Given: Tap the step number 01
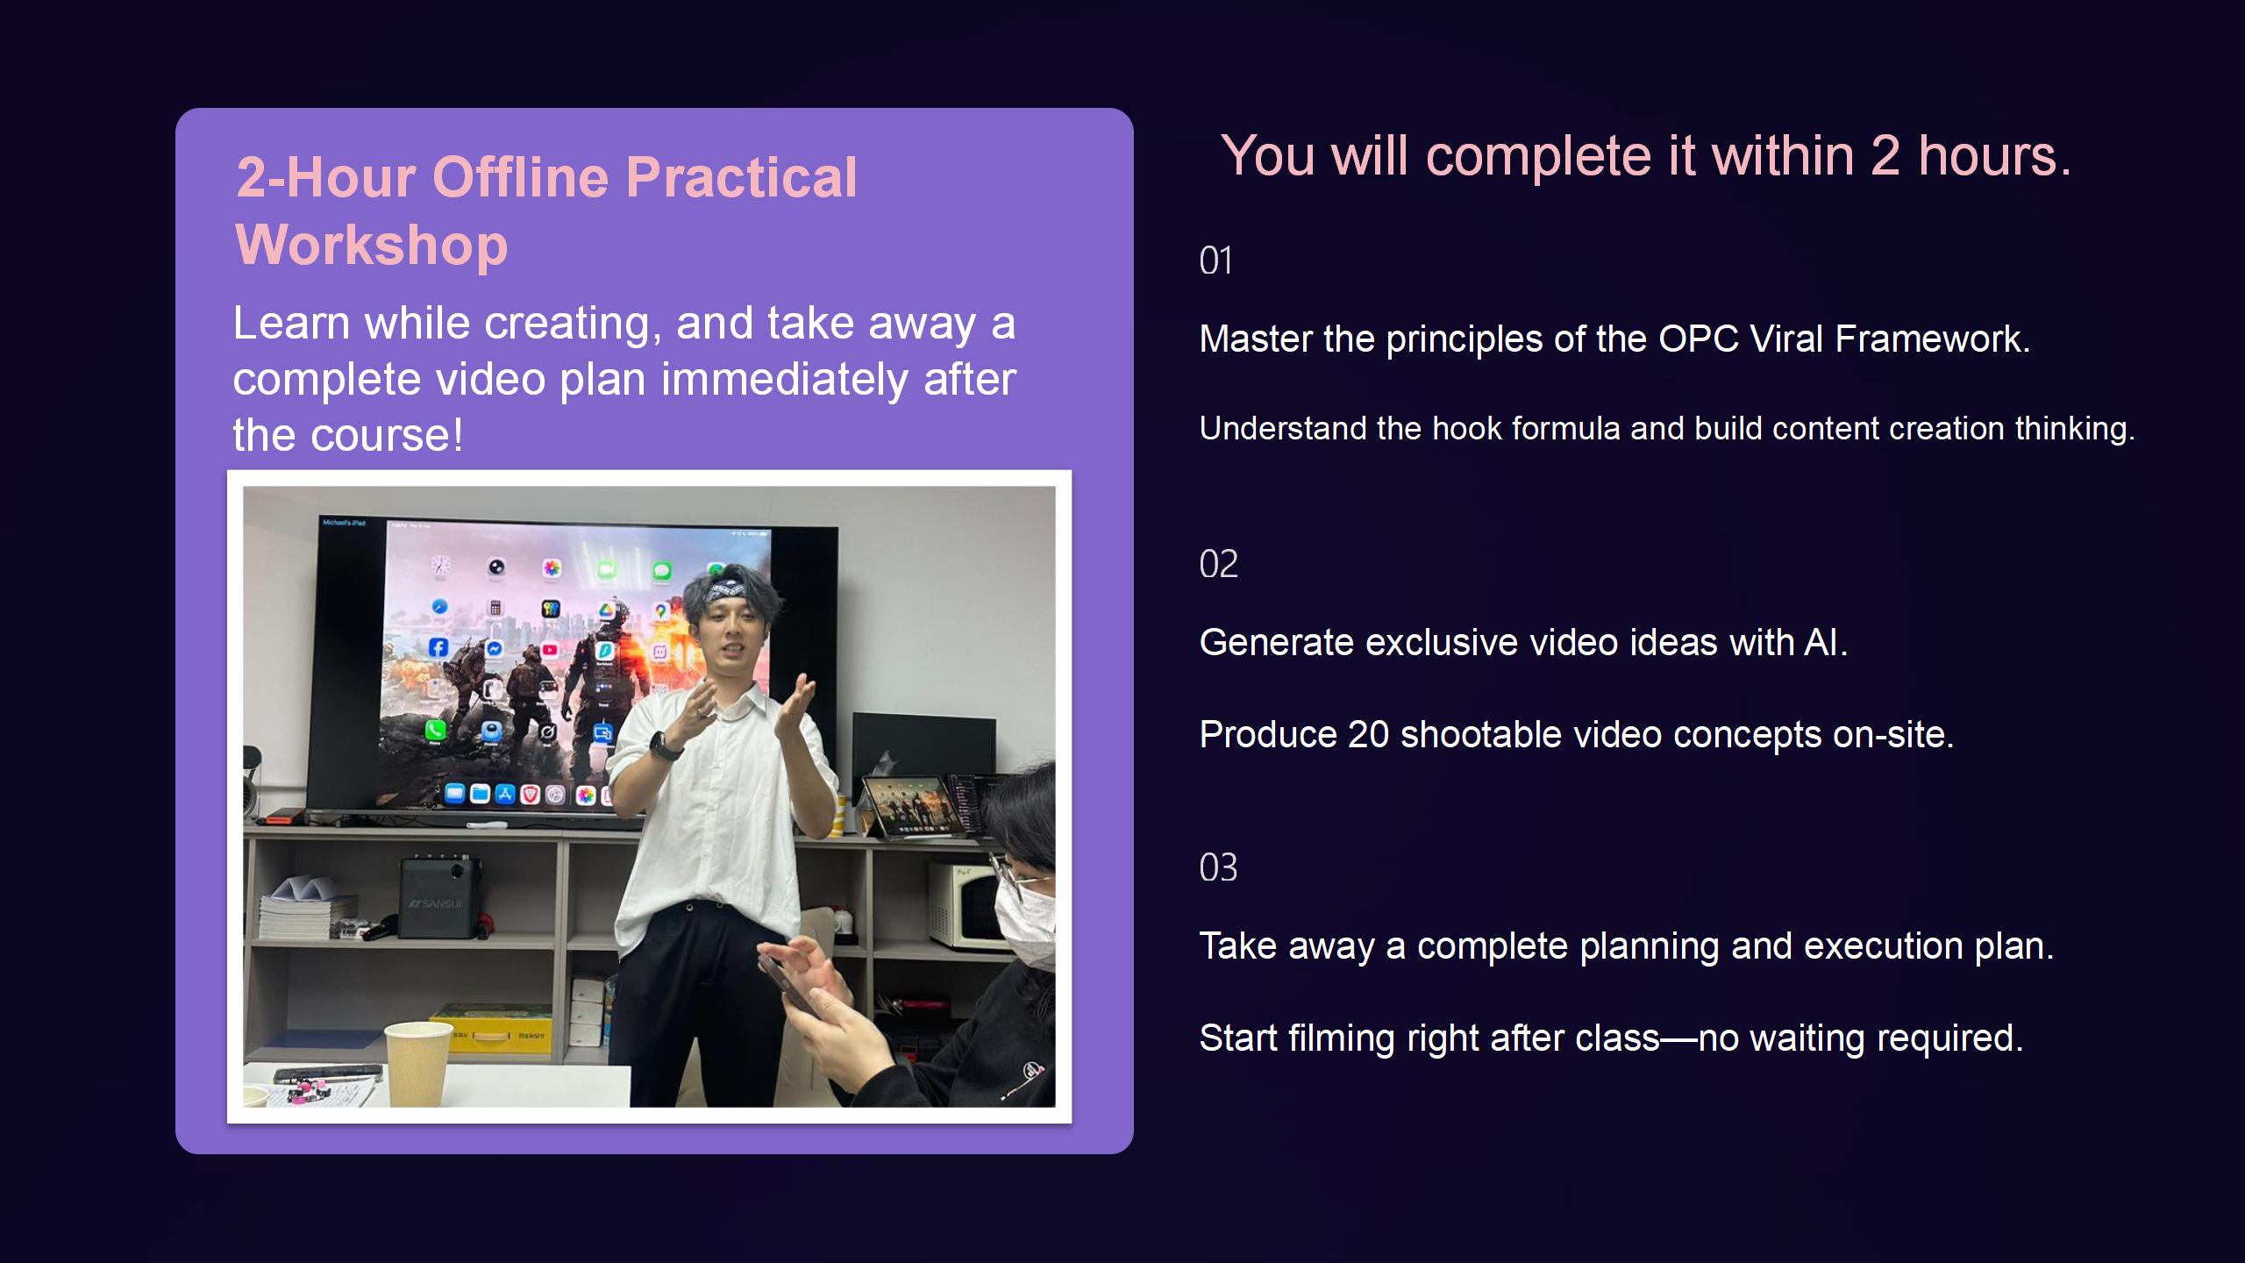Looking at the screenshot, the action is [x=1215, y=260].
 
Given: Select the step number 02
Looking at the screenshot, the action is [x=1218, y=564].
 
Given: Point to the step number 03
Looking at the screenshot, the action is [x=1218, y=867].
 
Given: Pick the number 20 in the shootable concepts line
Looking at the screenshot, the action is [x=1368, y=735].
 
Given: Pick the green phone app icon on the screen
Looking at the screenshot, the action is [x=435, y=730].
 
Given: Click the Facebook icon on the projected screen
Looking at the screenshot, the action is [x=438, y=647].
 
